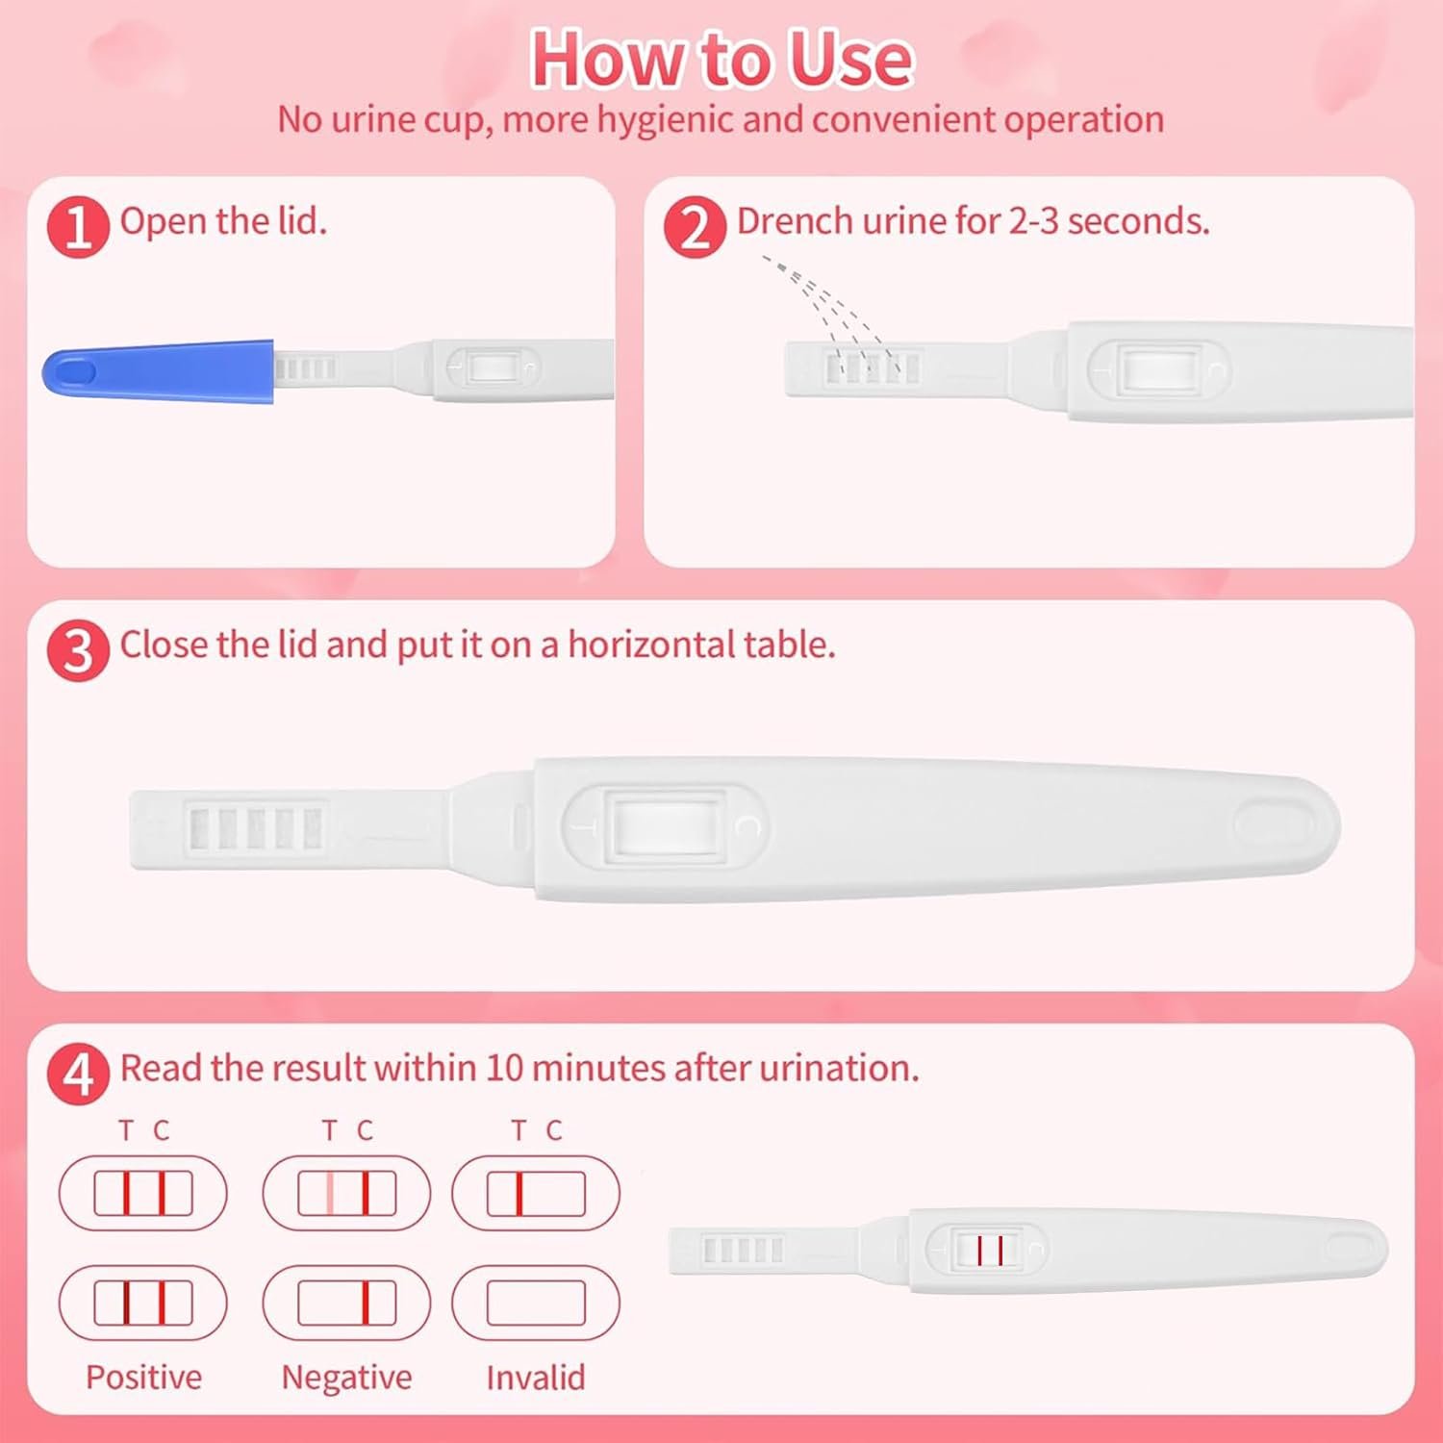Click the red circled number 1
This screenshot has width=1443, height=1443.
tap(78, 228)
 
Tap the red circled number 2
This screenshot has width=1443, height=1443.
tap(695, 228)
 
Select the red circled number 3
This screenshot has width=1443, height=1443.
tap(78, 651)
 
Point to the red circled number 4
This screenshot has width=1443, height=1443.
tap(78, 1075)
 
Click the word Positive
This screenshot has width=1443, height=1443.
tap(143, 1378)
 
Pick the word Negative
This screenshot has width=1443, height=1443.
tap(346, 1378)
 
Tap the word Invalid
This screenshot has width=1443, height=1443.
tap(536, 1378)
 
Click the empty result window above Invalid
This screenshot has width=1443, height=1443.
tap(536, 1304)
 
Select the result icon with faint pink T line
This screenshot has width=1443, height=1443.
tap(346, 1193)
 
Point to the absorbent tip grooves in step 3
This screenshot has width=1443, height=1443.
tap(256, 827)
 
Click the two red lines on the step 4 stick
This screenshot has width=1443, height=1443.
tap(990, 1251)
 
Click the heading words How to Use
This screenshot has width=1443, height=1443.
tap(721, 60)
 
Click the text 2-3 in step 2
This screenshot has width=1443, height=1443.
tap(1034, 221)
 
